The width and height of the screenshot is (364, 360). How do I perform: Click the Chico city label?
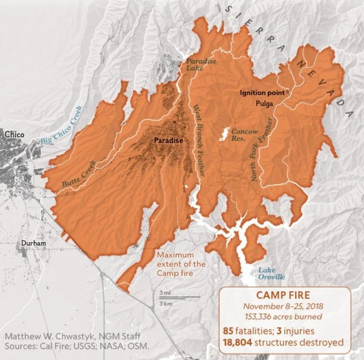(14, 134)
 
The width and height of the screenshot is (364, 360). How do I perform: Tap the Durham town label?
(33, 243)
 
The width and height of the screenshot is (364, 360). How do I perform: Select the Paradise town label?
(168, 140)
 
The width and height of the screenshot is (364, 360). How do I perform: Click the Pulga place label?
(264, 104)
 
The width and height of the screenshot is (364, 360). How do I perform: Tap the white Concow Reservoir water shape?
(223, 134)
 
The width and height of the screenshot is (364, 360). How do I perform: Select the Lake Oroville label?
(271, 274)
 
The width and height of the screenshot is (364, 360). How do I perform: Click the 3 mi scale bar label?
(164, 293)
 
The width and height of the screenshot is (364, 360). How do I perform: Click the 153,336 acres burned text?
(283, 317)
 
